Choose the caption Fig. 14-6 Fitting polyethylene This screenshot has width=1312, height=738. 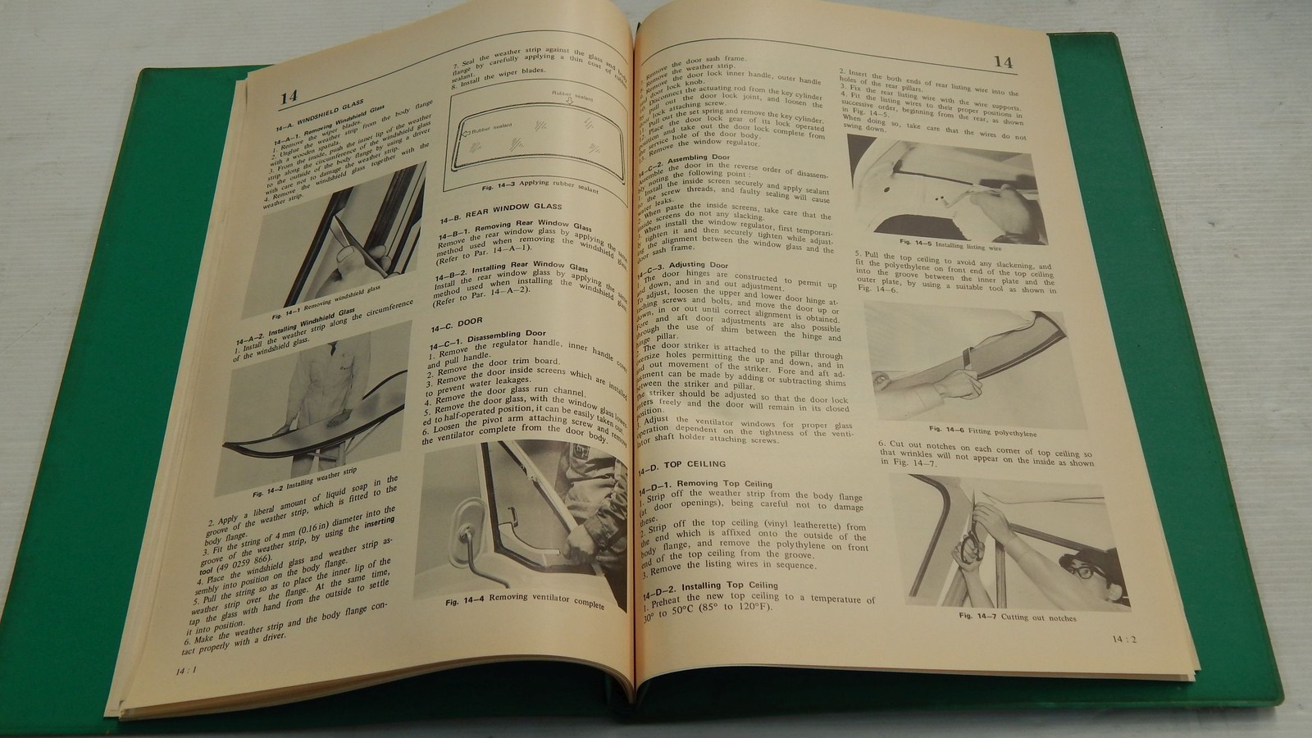[x=963, y=429]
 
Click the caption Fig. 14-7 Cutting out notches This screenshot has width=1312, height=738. [x=1017, y=617]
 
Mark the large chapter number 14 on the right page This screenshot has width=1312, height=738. [x=1003, y=61]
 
